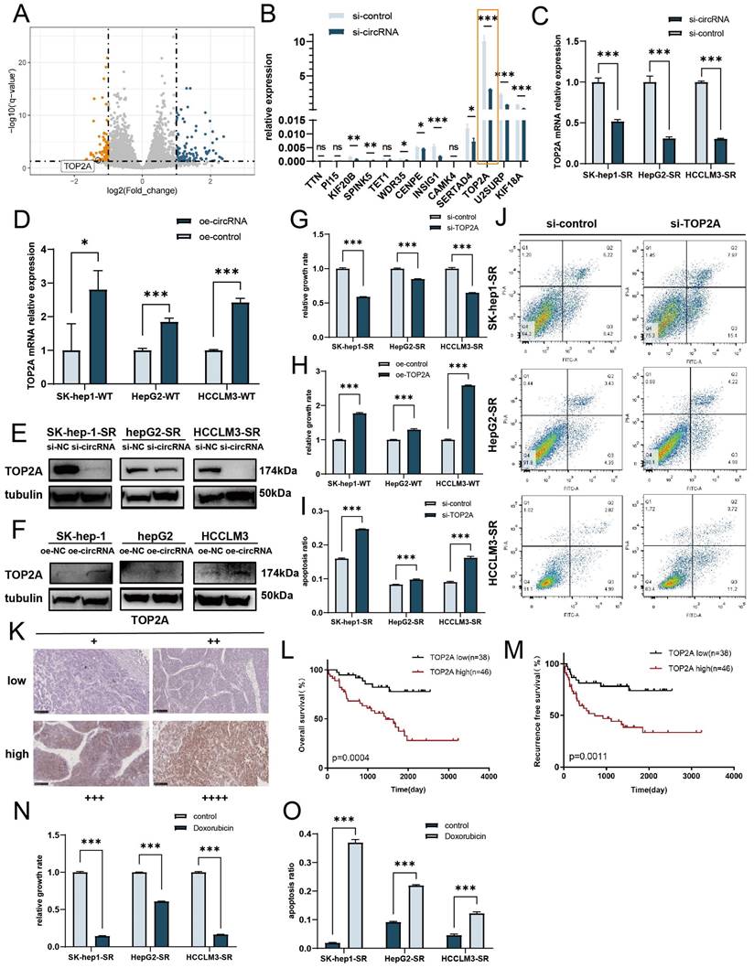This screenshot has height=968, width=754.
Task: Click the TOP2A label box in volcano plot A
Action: pos(81,167)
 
